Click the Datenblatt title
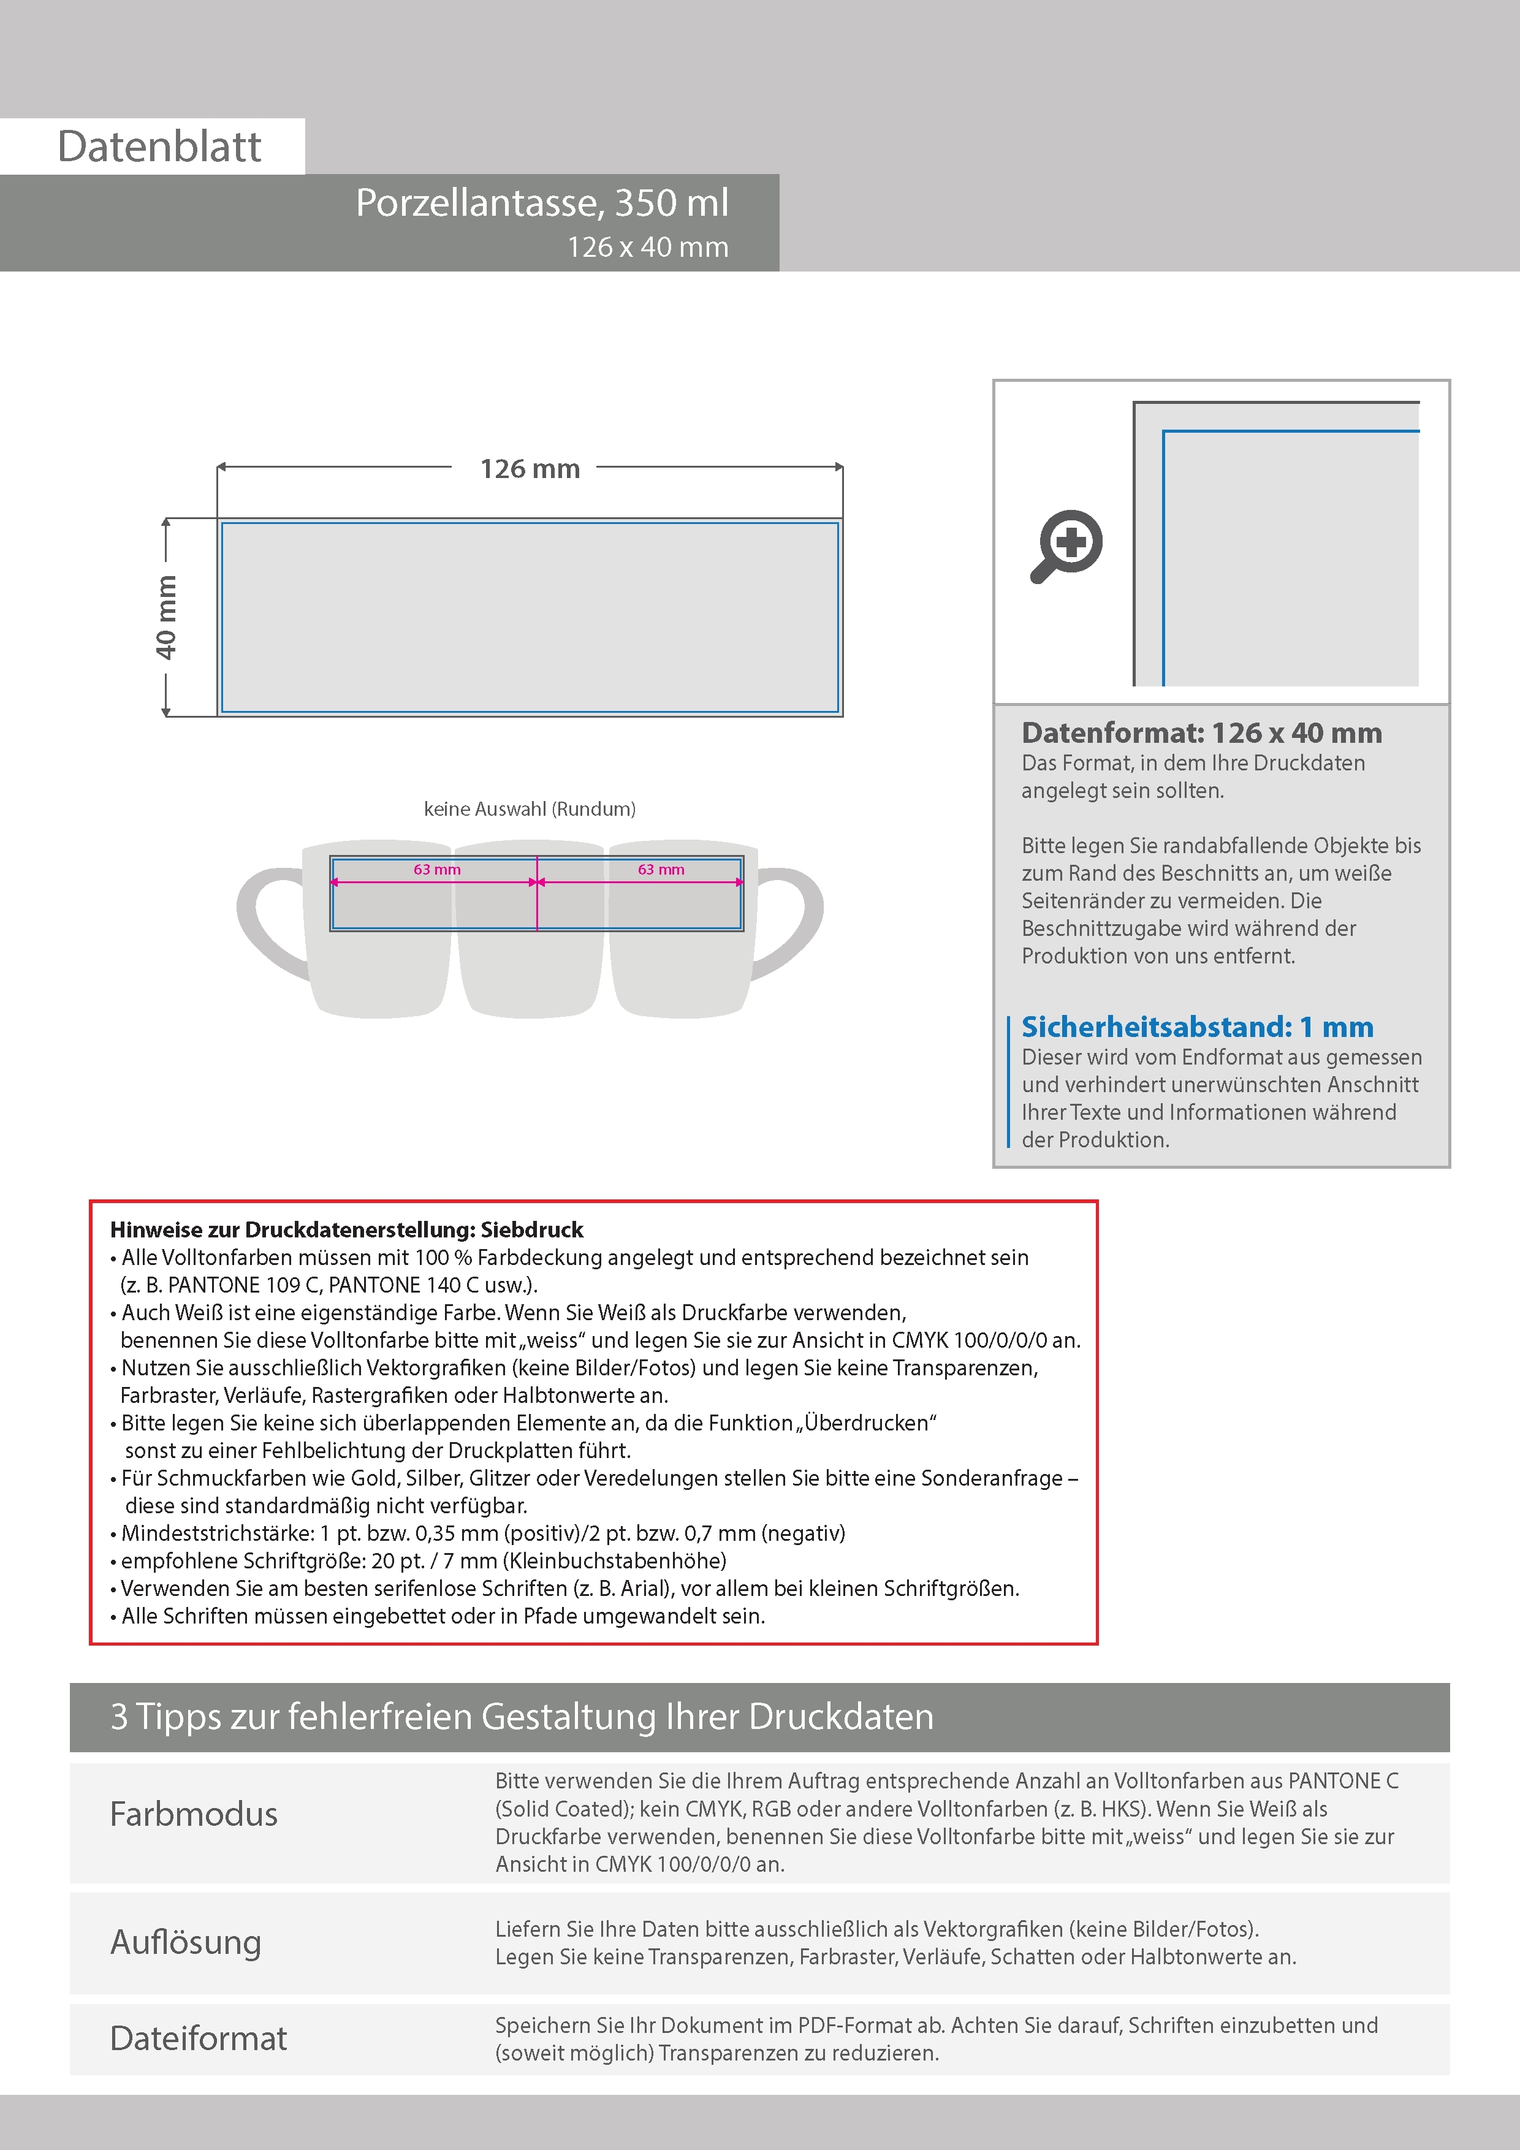click(159, 147)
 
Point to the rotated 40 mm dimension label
click(165, 617)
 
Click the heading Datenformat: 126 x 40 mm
click(1201, 733)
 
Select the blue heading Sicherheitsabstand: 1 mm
click(1197, 1027)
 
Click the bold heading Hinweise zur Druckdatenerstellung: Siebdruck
click(346, 1229)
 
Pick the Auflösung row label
click(186, 1942)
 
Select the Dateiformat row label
click(199, 2038)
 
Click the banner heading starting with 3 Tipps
click(522, 1717)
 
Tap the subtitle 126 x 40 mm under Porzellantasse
click(647, 247)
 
